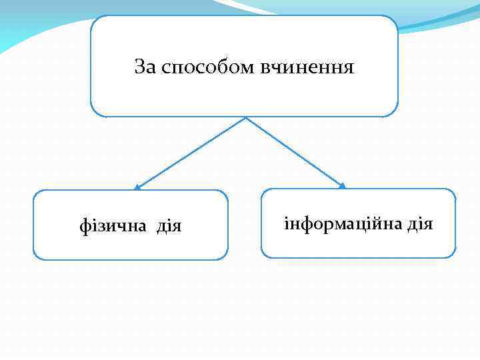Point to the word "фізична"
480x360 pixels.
(114, 226)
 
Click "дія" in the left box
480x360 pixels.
(169, 226)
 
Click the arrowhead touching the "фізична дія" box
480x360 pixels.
(137, 187)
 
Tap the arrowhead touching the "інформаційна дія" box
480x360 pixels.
(343, 186)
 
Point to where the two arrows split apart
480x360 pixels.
(246, 119)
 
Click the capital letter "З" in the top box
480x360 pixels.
(140, 67)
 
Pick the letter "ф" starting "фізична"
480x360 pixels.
(84, 227)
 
